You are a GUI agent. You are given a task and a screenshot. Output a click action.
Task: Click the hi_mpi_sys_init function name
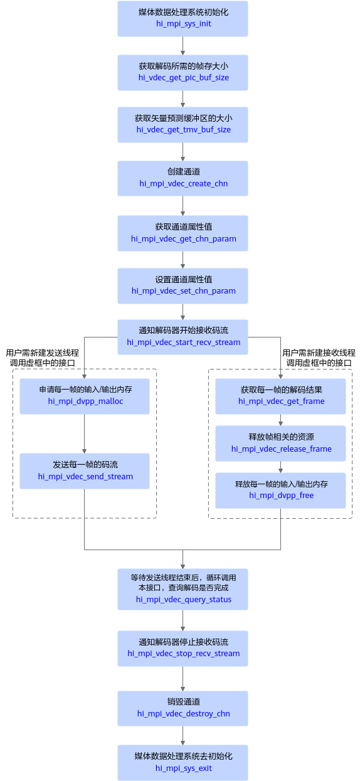pyautogui.click(x=183, y=24)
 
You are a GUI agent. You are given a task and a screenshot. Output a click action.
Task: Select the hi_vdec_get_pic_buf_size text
pyautogui.click(x=183, y=77)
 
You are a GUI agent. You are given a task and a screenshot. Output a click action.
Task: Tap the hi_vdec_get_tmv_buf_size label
pyautogui.click(x=183, y=130)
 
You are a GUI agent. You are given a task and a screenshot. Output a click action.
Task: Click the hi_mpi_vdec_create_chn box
pyautogui.click(x=183, y=178)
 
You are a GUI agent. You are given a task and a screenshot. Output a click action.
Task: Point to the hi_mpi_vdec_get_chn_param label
pyautogui.click(x=183, y=239)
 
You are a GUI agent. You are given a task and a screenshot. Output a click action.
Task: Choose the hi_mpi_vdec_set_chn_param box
pyautogui.click(x=183, y=286)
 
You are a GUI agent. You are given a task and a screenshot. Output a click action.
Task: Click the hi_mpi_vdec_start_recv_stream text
pyautogui.click(x=183, y=343)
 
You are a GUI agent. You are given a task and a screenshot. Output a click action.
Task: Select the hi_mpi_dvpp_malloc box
pyautogui.click(x=85, y=396)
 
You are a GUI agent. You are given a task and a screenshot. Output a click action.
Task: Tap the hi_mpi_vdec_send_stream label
pyautogui.click(x=85, y=477)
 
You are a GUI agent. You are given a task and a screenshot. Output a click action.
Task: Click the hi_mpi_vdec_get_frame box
pyautogui.click(x=280, y=396)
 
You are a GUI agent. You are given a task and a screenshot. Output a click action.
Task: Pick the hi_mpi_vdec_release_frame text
pyautogui.click(x=281, y=449)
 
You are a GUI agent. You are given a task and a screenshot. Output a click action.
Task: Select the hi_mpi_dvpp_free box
pyautogui.click(x=280, y=490)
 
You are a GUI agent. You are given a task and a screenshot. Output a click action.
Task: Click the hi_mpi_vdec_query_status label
pyautogui.click(x=183, y=600)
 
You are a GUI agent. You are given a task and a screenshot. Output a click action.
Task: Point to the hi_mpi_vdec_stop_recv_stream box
pyautogui.click(x=183, y=649)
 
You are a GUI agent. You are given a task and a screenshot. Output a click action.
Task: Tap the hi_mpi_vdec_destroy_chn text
pyautogui.click(x=183, y=714)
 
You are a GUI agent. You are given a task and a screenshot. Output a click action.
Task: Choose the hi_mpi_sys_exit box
pyautogui.click(x=183, y=763)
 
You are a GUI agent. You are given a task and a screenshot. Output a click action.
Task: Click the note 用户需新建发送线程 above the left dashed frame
pyautogui.click(x=43, y=353)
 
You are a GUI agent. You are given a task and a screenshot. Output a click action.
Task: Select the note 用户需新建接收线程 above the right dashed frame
pyautogui.click(x=319, y=353)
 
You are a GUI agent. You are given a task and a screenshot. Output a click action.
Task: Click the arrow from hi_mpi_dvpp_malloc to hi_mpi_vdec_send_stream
pyautogui.click(x=84, y=433)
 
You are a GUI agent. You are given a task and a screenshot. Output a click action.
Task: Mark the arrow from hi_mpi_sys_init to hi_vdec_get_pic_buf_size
pyautogui.click(x=183, y=46)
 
